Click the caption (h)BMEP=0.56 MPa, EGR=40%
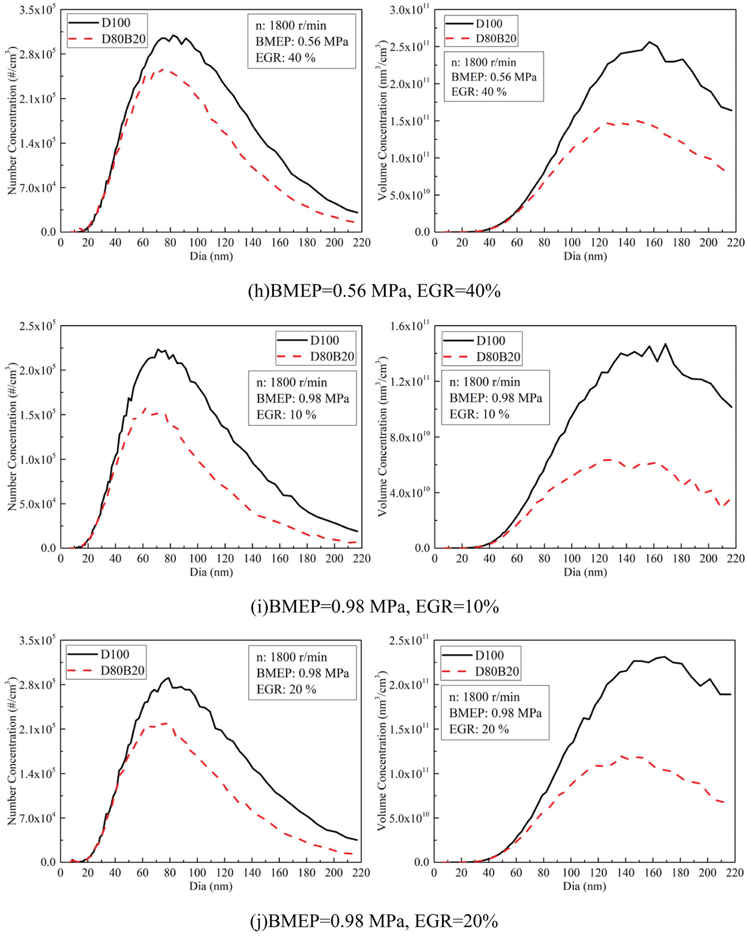coord(374,290)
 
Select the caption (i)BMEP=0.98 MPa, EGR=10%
coord(374,606)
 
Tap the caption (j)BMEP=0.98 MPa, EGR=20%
coord(374,920)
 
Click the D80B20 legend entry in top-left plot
coord(123,39)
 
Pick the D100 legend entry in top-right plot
coord(489,23)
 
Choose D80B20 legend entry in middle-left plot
coord(332,356)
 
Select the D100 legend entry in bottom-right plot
coord(489,655)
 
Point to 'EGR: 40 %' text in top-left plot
coord(285,58)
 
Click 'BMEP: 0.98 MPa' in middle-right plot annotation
coord(496,398)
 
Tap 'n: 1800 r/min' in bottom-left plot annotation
coord(292,657)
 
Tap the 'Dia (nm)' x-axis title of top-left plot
coord(211,256)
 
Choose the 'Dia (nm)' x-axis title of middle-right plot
coord(585,572)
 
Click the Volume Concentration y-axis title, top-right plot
coord(382,120)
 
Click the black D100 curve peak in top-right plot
coord(649,42)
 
